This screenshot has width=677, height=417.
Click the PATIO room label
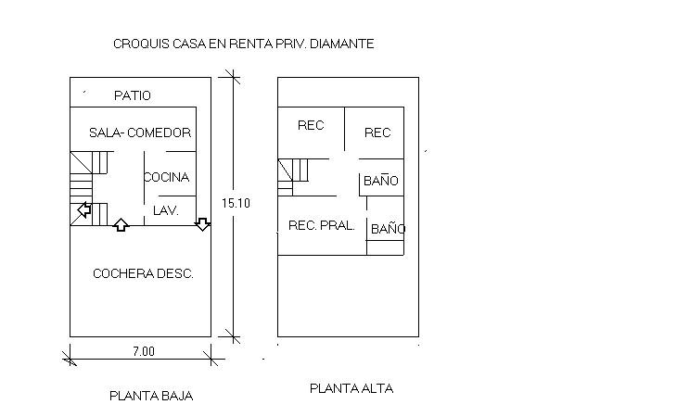[132, 95]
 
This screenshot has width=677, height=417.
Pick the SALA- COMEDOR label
[140, 133]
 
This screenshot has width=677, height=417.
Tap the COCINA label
[167, 177]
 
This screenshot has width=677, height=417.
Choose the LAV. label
[165, 211]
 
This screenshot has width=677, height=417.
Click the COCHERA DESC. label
[143, 273]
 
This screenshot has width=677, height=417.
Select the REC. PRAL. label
[322, 225]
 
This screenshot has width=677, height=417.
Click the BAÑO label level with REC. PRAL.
[388, 228]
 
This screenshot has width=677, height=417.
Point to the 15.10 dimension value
[236, 203]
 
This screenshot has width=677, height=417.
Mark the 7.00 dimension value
[142, 351]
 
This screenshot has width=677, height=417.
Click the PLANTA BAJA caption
[151, 396]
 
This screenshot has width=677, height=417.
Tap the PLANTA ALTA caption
[351, 388]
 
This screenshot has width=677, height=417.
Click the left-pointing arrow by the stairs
[83, 210]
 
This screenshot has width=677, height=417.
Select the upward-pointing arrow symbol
[121, 223]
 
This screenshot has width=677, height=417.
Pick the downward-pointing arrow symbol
[202, 223]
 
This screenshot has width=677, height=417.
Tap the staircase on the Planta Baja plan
[89, 186]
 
